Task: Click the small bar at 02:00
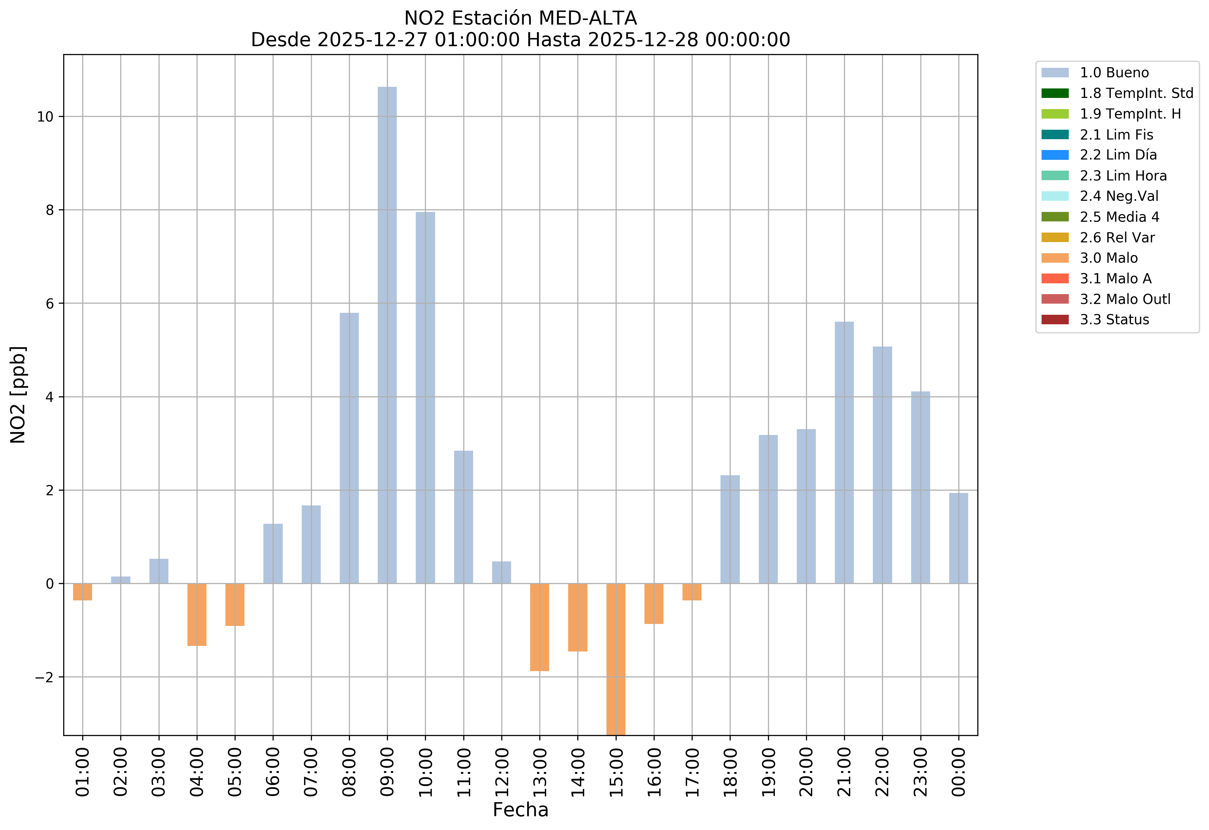point(121,580)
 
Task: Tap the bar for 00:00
point(958,538)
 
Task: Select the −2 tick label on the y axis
point(44,677)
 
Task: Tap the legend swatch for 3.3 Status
point(1055,320)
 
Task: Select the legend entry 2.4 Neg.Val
point(1119,196)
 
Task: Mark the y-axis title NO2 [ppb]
point(18,394)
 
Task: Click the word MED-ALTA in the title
point(587,18)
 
